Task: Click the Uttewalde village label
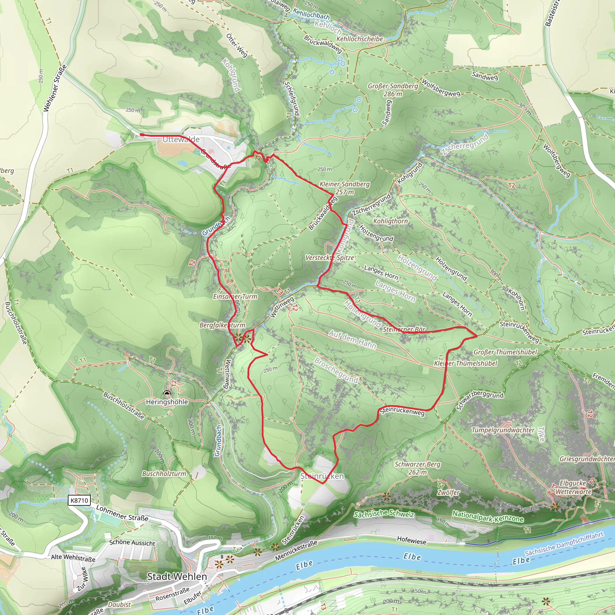181,139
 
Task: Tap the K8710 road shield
79,500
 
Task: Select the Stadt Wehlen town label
177,577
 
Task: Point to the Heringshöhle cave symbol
167,393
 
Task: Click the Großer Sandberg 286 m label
392,90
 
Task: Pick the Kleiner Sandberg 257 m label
344,188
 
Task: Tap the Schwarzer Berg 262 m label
417,468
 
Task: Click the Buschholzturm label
164,474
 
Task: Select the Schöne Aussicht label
132,543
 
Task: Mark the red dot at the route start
142,135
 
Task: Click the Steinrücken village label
322,476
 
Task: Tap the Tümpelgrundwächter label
503,430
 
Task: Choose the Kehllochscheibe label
360,39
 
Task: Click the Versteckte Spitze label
330,258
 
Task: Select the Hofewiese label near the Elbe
411,540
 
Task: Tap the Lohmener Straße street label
122,513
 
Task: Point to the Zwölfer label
448,492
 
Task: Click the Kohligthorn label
390,221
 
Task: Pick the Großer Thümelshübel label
505,352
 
